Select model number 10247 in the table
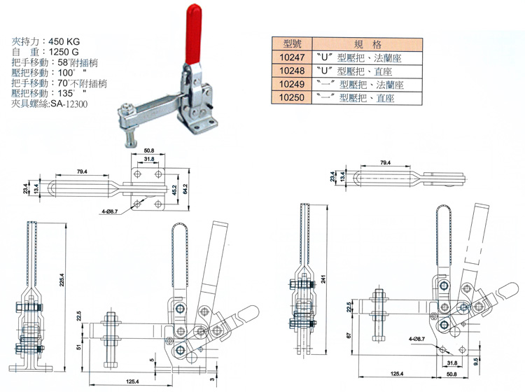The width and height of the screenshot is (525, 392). point(290,57)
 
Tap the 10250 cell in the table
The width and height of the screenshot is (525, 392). point(290,99)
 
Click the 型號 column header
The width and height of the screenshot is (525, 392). point(290,43)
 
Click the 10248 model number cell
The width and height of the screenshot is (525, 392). point(290,71)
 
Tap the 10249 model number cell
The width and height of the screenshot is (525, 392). point(290,85)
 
